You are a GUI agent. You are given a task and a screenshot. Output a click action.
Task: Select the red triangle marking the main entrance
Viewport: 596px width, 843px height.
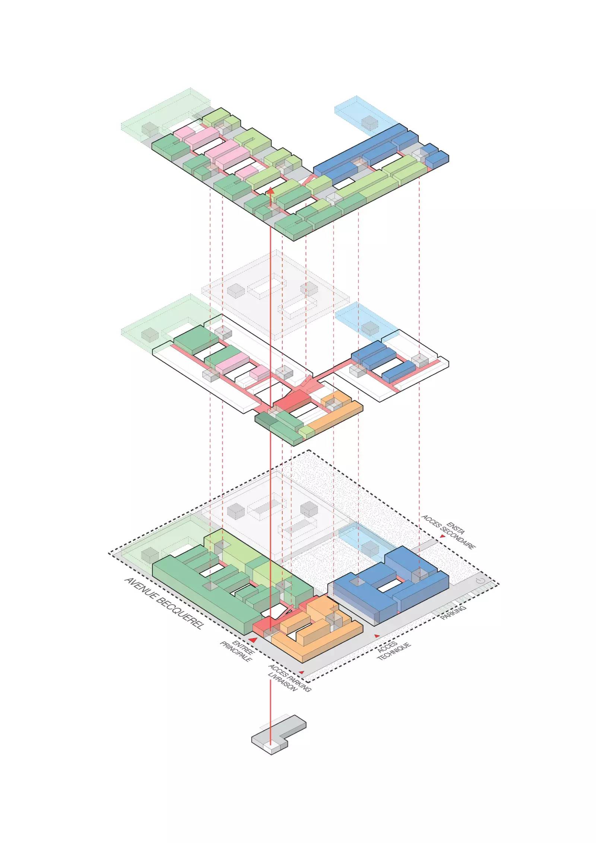pyautogui.click(x=253, y=640)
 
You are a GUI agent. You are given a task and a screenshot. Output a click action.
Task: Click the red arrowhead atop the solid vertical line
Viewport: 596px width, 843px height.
pyautogui.click(x=270, y=190)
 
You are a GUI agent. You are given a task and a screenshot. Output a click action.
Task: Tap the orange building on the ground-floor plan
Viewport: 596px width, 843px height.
pyautogui.click(x=317, y=641)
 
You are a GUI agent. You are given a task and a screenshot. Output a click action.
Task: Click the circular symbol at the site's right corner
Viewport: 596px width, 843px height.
pyautogui.click(x=480, y=581)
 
